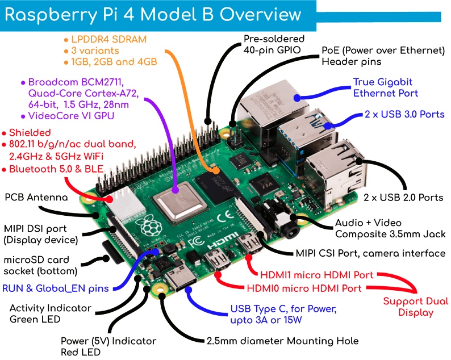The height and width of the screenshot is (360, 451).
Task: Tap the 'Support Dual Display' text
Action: tap(415, 307)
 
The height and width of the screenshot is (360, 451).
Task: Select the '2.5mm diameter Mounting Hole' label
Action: tap(282, 341)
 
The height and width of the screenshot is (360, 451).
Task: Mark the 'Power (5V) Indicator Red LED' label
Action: tap(108, 347)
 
